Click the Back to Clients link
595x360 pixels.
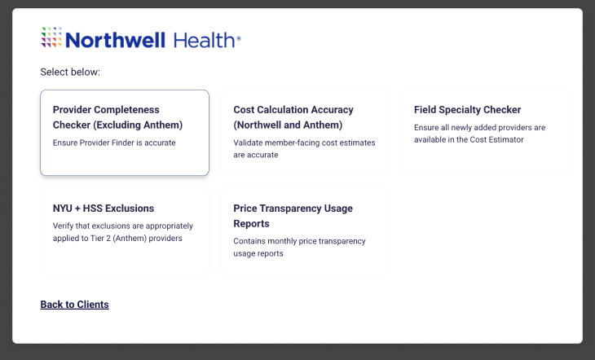74,305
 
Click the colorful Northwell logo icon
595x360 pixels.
51,38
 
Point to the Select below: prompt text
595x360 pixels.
70,72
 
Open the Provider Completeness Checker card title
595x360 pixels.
106,110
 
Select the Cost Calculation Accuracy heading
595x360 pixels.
293,110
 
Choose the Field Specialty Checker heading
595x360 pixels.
467,110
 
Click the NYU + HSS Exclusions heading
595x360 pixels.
104,209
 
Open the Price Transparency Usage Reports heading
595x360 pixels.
293,209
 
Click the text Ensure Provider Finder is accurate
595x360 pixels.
114,143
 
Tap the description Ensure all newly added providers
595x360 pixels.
479,128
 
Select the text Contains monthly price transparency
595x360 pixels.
299,241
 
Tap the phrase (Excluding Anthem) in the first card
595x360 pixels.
139,125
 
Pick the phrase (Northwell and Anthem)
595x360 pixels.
288,125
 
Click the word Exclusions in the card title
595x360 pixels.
126,209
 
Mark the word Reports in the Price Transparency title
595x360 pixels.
252,223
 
